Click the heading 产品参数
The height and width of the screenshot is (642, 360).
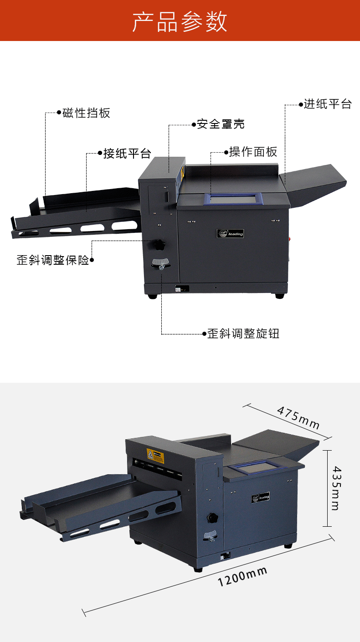tap(180, 21)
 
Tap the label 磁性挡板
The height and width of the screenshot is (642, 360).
tap(86, 113)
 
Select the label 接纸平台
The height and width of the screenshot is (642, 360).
tap(127, 154)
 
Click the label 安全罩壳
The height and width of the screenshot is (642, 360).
tap(221, 124)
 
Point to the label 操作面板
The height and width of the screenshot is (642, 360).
tap(253, 152)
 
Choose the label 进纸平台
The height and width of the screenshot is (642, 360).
tap(328, 104)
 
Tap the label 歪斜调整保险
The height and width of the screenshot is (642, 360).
tap(53, 260)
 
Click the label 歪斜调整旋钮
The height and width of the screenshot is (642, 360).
tap(243, 334)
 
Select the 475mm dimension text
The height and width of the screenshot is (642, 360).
tap(298, 417)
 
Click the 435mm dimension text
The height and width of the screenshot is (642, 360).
tap(336, 488)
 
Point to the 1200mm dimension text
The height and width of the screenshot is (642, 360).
tap(242, 576)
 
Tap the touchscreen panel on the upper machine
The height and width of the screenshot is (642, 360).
tap(232, 199)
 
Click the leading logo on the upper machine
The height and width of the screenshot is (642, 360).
tap(230, 234)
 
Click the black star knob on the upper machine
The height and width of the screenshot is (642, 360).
tap(159, 245)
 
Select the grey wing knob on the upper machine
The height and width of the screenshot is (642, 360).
tap(160, 263)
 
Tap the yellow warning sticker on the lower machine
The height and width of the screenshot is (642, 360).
tap(155, 456)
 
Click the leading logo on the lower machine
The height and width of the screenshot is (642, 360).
tap(261, 498)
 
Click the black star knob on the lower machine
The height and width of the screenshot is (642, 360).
tap(212, 517)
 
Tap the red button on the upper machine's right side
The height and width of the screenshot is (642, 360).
tap(290, 238)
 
